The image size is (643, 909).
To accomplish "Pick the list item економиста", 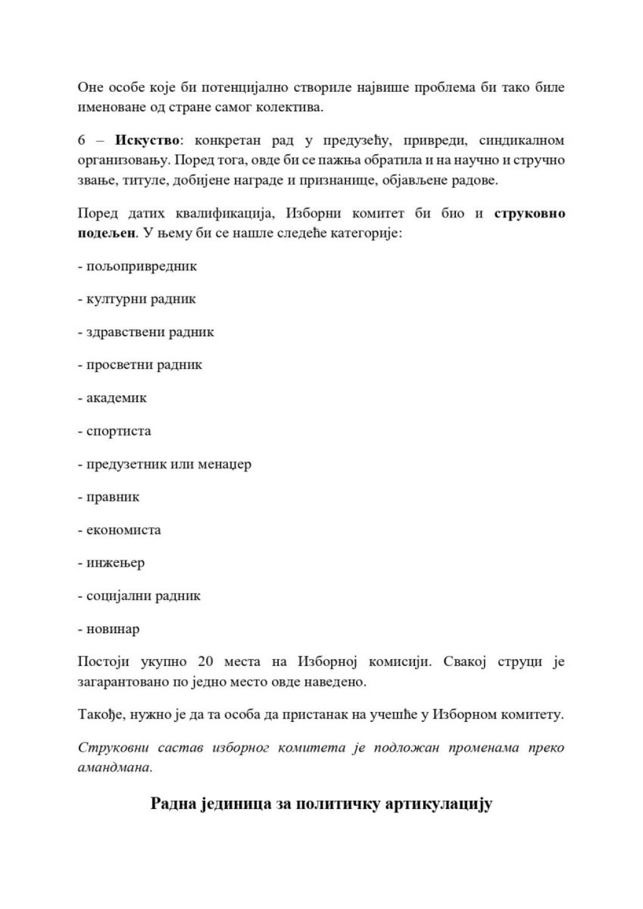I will point(124,530).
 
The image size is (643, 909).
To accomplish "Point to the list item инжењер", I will point(116,563).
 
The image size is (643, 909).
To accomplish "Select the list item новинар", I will point(113,629).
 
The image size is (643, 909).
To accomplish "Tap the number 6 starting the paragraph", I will point(82,140).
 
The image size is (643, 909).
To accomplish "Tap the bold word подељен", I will point(106,233).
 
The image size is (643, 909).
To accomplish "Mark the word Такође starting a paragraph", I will point(100,715).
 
